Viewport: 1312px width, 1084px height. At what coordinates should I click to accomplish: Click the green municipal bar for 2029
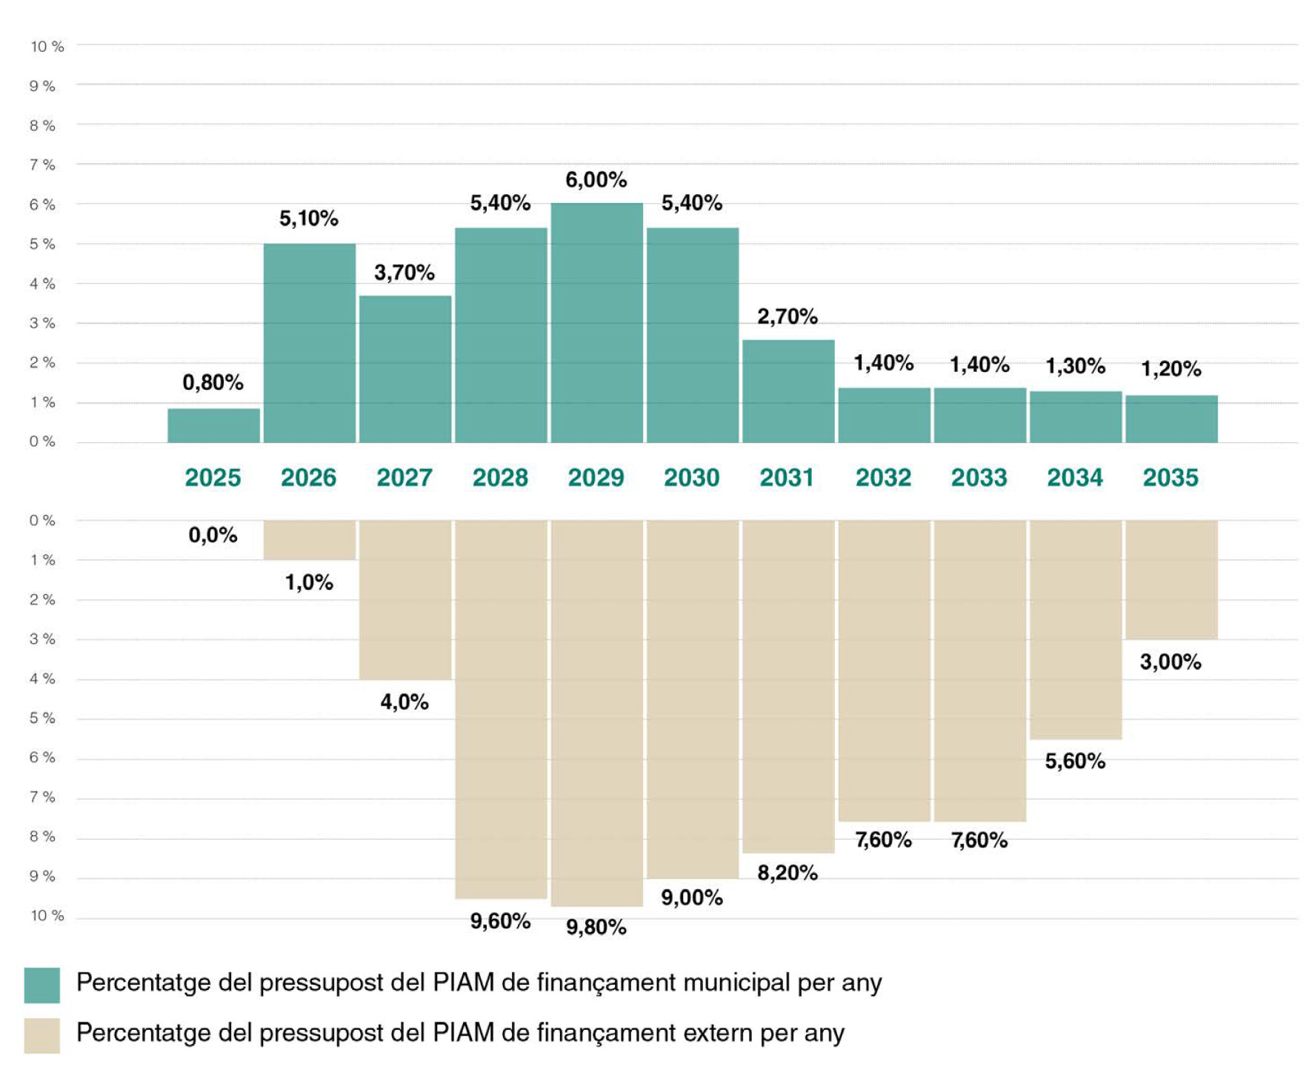tap(596, 323)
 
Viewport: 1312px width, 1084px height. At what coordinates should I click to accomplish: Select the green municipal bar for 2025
tap(213, 425)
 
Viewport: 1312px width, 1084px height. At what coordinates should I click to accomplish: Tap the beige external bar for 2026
tap(309, 539)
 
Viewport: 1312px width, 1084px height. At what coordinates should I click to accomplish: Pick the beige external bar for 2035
tap(1171, 579)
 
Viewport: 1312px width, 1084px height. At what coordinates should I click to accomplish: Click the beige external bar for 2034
tap(1075, 629)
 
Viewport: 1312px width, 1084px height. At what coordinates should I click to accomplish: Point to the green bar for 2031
tap(787, 391)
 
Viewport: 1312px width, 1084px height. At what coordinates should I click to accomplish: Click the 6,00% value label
tap(596, 180)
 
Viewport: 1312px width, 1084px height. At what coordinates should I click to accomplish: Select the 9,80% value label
tap(596, 927)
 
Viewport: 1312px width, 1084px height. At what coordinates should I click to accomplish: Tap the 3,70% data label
tap(404, 273)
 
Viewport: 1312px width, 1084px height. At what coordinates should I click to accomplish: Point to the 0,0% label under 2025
tap(213, 535)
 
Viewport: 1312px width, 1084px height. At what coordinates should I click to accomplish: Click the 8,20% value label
tap(787, 873)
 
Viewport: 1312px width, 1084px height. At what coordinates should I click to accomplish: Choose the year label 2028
tap(500, 478)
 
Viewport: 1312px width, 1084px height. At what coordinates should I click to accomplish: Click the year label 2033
tap(979, 478)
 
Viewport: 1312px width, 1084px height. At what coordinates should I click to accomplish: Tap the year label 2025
tap(213, 478)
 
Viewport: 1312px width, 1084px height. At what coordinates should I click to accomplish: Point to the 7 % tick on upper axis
tap(42, 164)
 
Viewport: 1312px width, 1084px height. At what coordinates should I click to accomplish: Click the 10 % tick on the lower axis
tap(47, 916)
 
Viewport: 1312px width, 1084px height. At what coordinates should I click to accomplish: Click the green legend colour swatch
tap(41, 985)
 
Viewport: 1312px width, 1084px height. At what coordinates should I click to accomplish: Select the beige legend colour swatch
tap(41, 1035)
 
